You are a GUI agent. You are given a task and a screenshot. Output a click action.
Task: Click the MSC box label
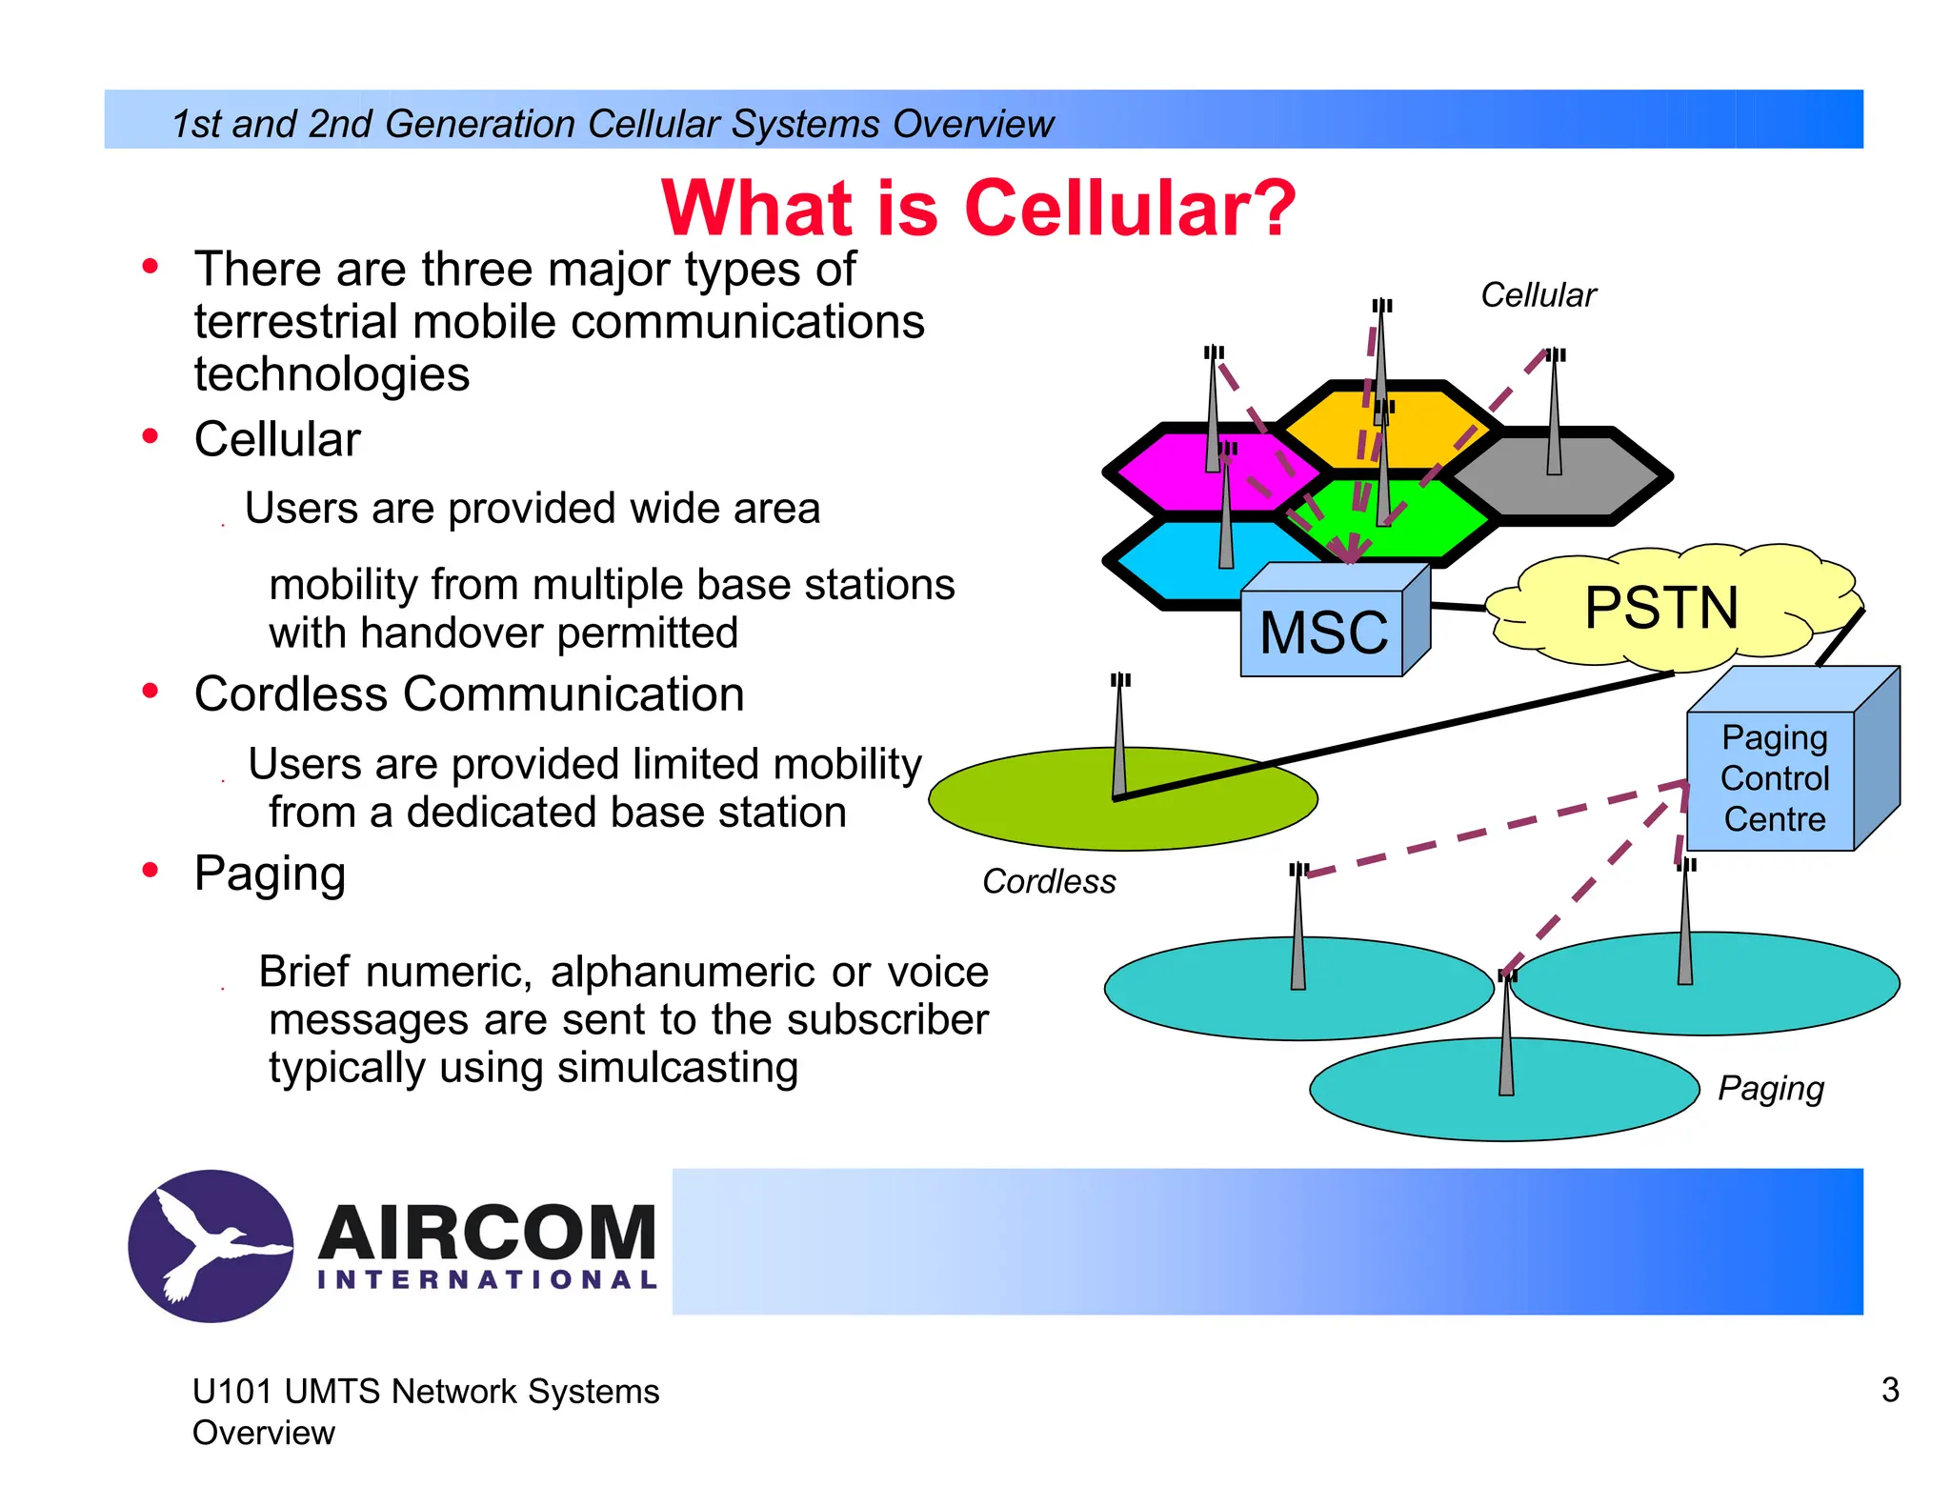[1323, 633]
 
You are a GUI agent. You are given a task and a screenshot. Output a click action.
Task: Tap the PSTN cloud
[1661, 608]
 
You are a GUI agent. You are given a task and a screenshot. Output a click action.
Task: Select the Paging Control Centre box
[1774, 779]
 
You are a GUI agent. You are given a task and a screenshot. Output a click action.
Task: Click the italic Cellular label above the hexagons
[1538, 295]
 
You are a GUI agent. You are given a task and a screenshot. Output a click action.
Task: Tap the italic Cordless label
[1049, 882]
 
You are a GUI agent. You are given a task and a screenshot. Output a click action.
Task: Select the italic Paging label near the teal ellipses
[1770, 1088]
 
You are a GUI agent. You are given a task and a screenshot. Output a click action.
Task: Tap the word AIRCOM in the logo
[487, 1233]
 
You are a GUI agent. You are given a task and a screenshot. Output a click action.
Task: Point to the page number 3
[1890, 1390]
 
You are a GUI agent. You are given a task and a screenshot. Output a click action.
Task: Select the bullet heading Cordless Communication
[469, 693]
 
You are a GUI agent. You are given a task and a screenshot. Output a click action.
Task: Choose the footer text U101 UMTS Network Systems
[425, 1392]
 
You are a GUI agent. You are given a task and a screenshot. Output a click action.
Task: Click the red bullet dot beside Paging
[151, 870]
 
